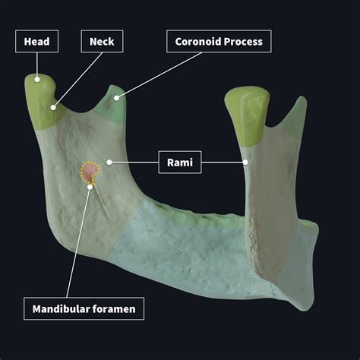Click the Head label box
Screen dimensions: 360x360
37,42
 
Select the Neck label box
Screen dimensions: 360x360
102,42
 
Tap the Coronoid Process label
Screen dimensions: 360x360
219,42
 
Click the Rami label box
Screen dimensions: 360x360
180,162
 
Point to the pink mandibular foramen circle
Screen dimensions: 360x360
90,171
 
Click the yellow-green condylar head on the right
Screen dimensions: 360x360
247,114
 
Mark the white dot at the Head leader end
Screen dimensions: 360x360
36,77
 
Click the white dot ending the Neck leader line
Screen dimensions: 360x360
53,107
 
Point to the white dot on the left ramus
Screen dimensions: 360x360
110,161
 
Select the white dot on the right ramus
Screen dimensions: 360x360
246,161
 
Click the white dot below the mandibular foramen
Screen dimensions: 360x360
89,185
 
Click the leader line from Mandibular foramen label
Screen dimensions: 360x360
77,243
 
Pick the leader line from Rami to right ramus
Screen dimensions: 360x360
224,162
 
